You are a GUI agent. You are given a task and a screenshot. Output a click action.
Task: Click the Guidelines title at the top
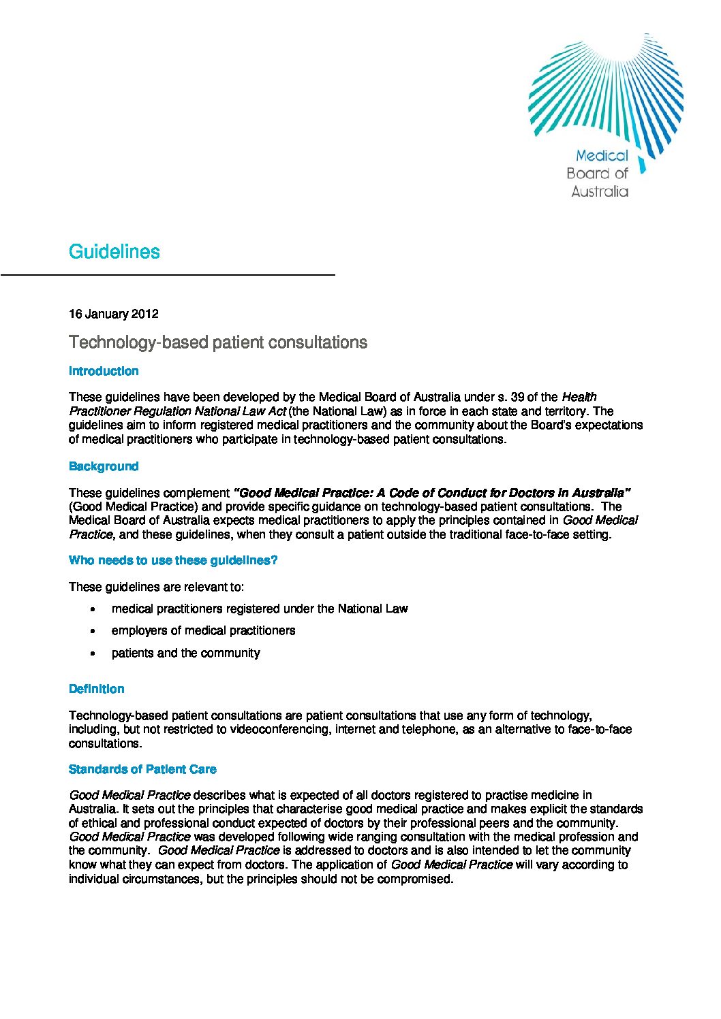point(114,252)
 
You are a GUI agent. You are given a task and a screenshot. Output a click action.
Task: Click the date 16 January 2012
point(113,314)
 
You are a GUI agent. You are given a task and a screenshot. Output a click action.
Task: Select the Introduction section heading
point(104,371)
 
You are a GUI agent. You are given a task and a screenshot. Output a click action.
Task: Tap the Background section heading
point(104,466)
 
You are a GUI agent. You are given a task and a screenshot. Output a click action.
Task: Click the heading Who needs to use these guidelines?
point(173,560)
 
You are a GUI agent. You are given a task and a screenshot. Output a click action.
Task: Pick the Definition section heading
point(97,689)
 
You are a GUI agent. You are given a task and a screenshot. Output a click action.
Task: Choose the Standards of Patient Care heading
point(142,769)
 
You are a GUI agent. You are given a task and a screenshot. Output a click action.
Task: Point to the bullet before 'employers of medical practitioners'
point(93,631)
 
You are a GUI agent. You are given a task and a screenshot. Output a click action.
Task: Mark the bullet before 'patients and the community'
point(93,653)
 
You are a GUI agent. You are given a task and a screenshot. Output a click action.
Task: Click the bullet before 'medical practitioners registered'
point(93,609)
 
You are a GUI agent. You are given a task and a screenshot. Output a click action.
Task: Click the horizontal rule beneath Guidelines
point(168,274)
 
